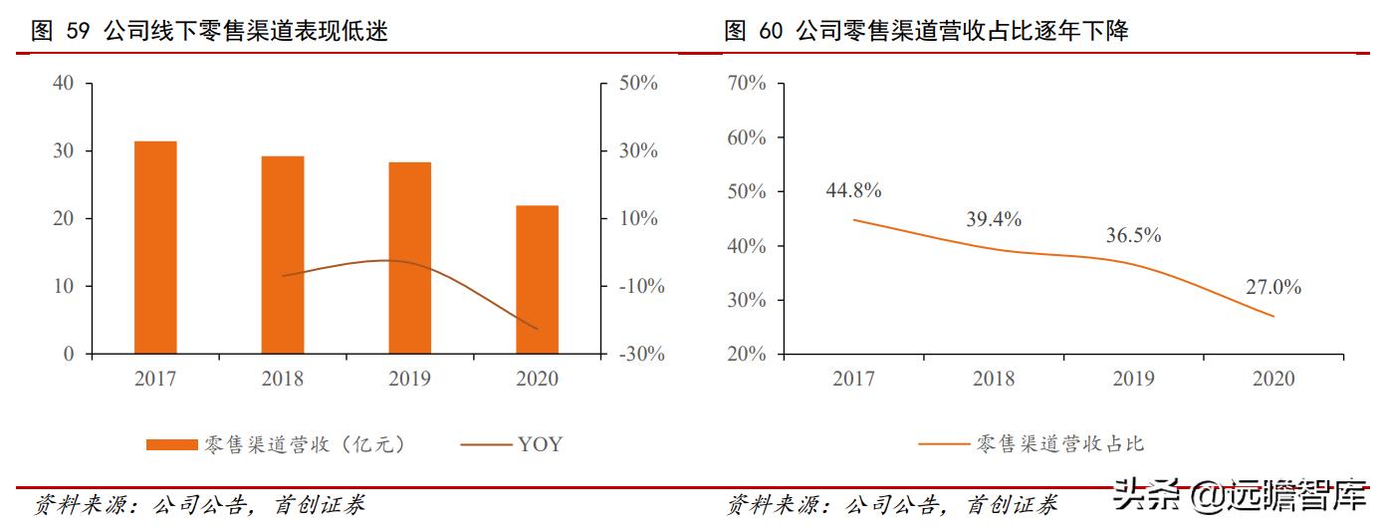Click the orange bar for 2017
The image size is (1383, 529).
click(155, 247)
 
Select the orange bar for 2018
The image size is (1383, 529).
click(283, 255)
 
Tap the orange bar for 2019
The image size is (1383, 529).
click(410, 258)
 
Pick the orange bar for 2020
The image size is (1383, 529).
click(537, 279)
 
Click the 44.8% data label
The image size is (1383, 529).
click(853, 190)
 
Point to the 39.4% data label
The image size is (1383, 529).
click(994, 219)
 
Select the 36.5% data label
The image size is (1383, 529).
click(1133, 236)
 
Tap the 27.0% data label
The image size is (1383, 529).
click(1272, 287)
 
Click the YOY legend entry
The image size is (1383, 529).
click(512, 444)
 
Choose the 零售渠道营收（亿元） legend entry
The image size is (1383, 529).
click(276, 444)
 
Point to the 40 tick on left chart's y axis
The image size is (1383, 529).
click(64, 84)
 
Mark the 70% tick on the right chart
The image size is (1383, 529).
click(747, 84)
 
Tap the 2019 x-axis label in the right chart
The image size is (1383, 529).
click(1133, 379)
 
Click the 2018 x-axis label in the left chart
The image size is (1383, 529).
click(283, 379)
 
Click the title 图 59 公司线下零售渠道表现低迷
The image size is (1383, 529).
click(210, 32)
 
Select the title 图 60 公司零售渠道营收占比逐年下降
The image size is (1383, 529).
click(927, 32)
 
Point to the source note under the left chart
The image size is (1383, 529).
click(199, 505)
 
